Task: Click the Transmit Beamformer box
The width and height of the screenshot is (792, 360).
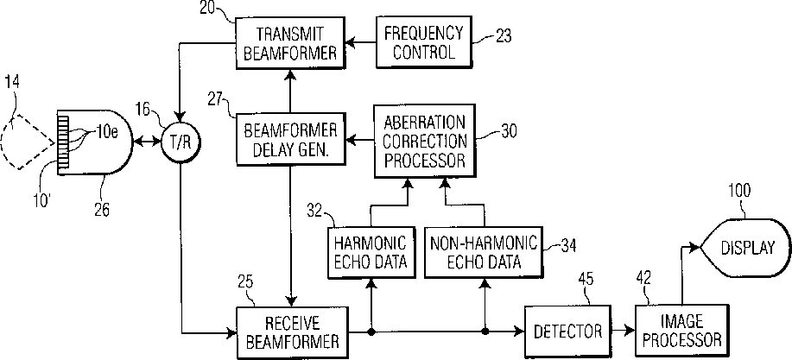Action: point(290,41)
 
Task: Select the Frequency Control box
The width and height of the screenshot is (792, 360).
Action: point(423,41)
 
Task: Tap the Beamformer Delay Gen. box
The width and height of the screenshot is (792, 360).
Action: point(290,139)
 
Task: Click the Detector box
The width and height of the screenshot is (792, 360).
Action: point(567,331)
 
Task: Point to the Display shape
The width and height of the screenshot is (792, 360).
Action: point(744,247)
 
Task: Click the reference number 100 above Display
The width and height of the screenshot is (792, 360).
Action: point(739,190)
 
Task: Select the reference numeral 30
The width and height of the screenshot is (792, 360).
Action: point(510,132)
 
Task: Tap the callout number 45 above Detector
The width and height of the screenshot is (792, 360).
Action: point(586,279)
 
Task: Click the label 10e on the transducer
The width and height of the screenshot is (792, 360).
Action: point(108,132)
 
